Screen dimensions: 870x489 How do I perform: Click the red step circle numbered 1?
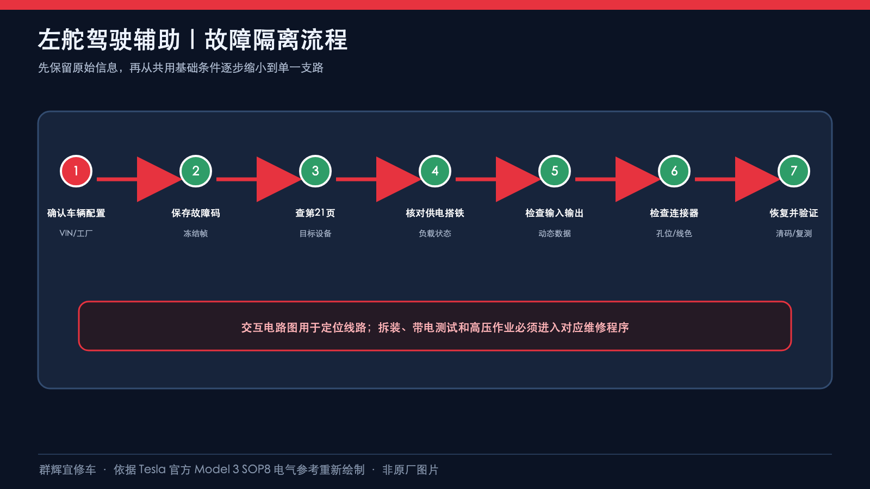(x=76, y=171)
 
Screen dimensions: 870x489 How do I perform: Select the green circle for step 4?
(x=435, y=171)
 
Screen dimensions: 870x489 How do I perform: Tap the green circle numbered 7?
(x=794, y=171)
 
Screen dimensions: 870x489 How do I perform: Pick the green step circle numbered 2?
(x=196, y=171)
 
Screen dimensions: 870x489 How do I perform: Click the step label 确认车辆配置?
(x=76, y=213)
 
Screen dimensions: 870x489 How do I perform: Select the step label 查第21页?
(x=315, y=213)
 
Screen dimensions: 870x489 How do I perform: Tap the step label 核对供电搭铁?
(x=435, y=213)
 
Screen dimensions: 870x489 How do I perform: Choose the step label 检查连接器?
(x=674, y=213)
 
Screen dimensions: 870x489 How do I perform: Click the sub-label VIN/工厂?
(x=76, y=233)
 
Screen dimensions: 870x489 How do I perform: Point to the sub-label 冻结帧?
(x=196, y=233)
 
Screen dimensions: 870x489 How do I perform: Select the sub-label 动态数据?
(x=555, y=233)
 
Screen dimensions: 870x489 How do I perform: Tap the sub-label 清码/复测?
(x=794, y=233)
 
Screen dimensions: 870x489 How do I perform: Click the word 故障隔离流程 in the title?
(x=276, y=40)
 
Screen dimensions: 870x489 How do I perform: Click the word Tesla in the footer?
(x=152, y=469)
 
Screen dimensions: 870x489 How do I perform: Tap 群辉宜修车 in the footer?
(x=67, y=470)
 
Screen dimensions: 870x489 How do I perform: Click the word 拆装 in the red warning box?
(x=389, y=328)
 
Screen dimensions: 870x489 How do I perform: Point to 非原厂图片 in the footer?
(x=411, y=470)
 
